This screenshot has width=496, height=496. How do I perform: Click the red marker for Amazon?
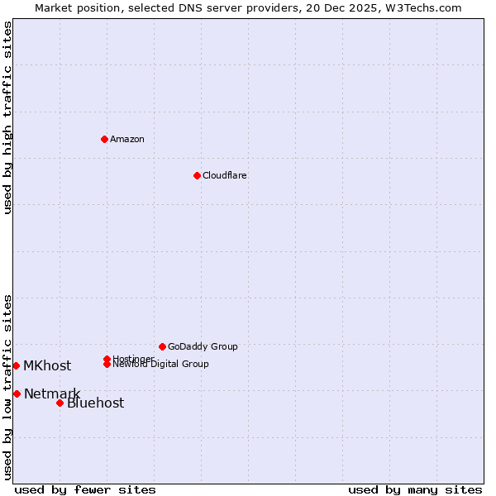click(104, 139)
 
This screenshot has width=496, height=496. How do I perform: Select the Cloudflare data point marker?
click(197, 175)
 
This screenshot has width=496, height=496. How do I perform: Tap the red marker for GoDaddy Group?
click(162, 346)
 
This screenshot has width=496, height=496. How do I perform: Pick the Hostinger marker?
click(107, 359)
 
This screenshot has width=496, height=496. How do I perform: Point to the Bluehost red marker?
click(60, 403)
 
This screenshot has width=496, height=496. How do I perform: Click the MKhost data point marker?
click(16, 365)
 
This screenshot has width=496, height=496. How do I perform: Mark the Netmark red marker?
click(17, 393)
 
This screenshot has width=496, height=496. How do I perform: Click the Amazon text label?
click(127, 139)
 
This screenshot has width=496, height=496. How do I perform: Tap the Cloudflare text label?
click(225, 175)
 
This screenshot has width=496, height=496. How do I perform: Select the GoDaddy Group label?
click(203, 346)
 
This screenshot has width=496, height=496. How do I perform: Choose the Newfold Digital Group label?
click(161, 365)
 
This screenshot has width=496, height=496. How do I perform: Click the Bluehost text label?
click(96, 403)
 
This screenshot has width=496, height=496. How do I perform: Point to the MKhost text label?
click(47, 366)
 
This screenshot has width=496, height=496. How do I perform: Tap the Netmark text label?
click(52, 393)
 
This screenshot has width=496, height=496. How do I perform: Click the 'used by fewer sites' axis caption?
click(85, 490)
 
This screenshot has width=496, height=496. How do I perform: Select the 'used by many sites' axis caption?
click(415, 490)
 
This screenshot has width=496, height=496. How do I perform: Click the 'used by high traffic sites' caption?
click(8, 117)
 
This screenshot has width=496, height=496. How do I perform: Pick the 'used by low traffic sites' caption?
click(8, 387)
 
